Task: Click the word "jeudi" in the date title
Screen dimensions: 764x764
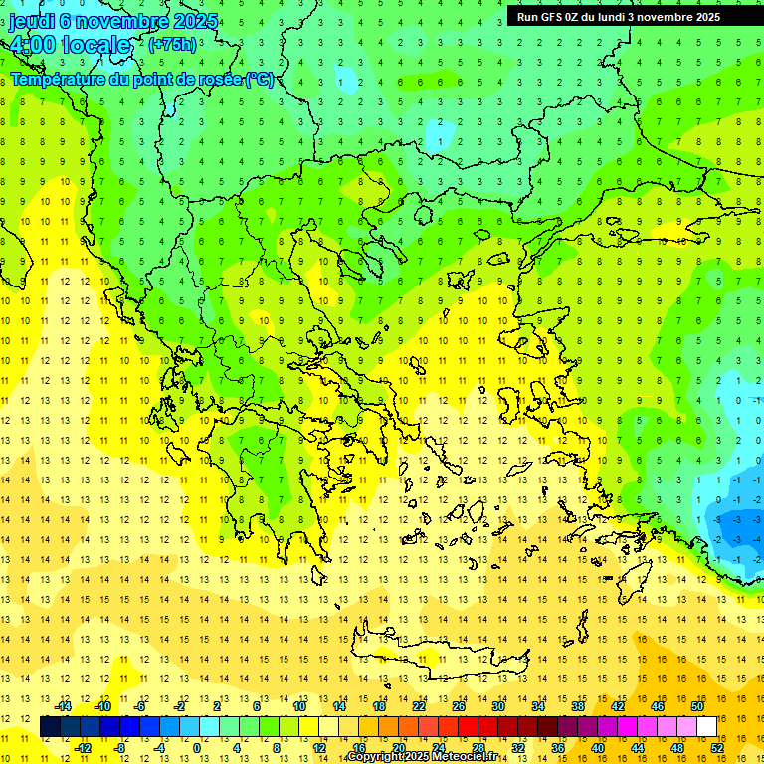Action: click(32, 22)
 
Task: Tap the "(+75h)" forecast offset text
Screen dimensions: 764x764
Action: click(172, 45)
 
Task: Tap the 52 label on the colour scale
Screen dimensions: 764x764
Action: click(717, 748)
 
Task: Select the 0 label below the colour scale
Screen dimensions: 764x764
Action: click(196, 748)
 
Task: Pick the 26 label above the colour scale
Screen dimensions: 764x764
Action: click(459, 706)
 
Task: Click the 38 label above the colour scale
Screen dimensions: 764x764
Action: click(578, 706)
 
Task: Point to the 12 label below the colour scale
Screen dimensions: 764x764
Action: click(319, 748)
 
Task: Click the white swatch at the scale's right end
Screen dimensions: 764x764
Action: click(707, 727)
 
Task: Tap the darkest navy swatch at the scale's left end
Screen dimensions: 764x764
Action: click(50, 727)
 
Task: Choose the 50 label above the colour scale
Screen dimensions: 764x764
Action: click(697, 706)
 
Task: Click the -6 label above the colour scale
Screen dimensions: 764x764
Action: click(140, 706)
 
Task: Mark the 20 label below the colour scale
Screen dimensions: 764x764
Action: click(399, 748)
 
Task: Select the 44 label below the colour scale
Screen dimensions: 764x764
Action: click(638, 748)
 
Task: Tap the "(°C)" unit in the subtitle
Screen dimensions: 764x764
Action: click(260, 79)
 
